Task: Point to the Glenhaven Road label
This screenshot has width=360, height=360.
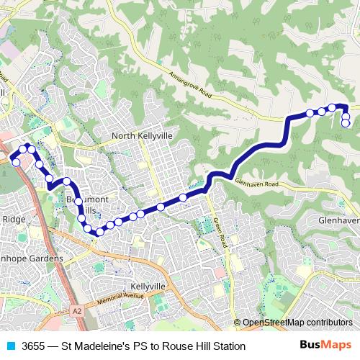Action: (x=256, y=185)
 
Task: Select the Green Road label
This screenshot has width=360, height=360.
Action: (x=221, y=233)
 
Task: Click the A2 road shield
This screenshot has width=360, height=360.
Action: (x=77, y=310)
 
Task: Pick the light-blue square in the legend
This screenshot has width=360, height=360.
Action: (x=11, y=346)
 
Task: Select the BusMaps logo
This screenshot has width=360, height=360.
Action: (x=327, y=346)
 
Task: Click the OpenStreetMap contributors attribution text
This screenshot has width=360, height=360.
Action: (x=297, y=323)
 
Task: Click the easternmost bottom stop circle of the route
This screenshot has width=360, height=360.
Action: (x=346, y=123)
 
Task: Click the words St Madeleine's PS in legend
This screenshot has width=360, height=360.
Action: (x=104, y=346)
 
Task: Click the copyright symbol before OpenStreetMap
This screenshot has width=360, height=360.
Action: (x=237, y=323)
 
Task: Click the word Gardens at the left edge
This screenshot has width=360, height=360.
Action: (x=43, y=258)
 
